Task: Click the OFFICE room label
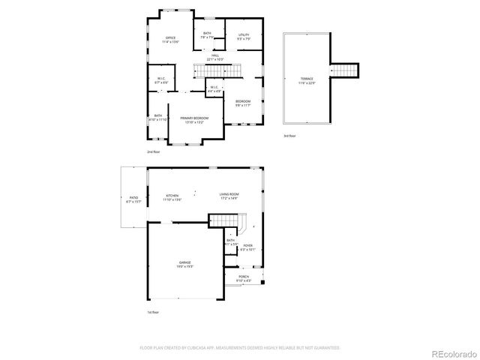pyautogui.click(x=170, y=38)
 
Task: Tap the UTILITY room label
pyautogui.click(x=244, y=35)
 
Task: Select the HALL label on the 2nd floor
pyautogui.click(x=215, y=56)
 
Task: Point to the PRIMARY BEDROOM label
pyautogui.click(x=194, y=118)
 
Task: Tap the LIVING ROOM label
pyautogui.click(x=229, y=196)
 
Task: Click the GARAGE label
pyautogui.click(x=184, y=262)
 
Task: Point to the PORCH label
pyautogui.click(x=244, y=277)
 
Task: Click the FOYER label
pyautogui.click(x=247, y=246)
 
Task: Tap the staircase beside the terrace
pyautogui.click(x=345, y=70)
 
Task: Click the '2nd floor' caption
pyautogui.click(x=154, y=151)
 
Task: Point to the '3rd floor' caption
pyautogui.click(x=290, y=136)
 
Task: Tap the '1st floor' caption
pyautogui.click(x=153, y=312)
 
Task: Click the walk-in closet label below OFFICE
pyautogui.click(x=161, y=79)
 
